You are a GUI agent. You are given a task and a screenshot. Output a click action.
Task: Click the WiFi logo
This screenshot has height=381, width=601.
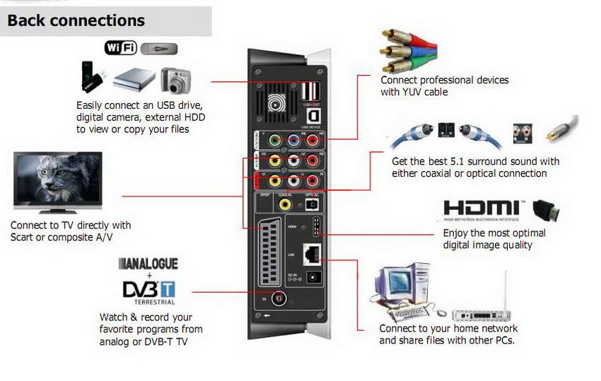[x=121, y=48]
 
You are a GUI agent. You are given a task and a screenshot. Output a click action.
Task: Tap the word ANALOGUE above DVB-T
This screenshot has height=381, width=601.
[x=148, y=264]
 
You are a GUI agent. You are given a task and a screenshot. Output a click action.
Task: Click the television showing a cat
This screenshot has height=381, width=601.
[x=58, y=181]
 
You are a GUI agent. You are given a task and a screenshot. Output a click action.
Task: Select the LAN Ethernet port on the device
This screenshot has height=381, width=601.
[x=310, y=252]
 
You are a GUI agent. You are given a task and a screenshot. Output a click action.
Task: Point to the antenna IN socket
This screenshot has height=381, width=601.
[x=281, y=300]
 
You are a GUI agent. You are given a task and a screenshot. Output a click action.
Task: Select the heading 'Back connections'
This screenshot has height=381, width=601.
[x=76, y=20]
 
